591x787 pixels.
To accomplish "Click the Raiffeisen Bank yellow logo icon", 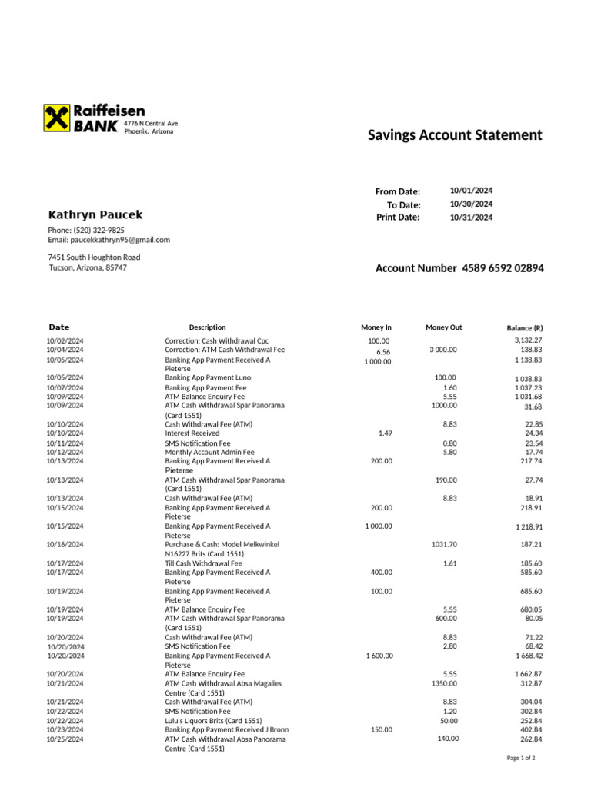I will (x=57, y=118).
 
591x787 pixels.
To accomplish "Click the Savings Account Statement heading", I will (x=455, y=135).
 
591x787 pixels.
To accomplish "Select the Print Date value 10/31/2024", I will (x=471, y=218).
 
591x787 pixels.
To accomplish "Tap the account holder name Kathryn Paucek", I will (x=95, y=215).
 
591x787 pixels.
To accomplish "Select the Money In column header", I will (x=376, y=327).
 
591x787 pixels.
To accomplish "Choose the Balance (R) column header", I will (x=525, y=328).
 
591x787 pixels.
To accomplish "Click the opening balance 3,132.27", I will (x=528, y=340).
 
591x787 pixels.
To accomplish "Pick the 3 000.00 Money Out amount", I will (x=443, y=350).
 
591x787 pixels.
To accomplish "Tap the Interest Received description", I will (x=192, y=433).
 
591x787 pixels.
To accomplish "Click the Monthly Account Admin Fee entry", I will (x=209, y=452).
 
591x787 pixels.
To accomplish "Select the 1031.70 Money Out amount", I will (x=444, y=544).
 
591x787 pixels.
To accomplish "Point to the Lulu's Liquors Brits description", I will (x=213, y=720).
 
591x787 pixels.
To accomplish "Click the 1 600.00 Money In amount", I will (x=379, y=656).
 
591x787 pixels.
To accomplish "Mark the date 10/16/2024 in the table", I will (x=65, y=544).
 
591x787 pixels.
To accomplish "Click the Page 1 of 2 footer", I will (x=521, y=759).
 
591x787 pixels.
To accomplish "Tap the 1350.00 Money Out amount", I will (x=444, y=683).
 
